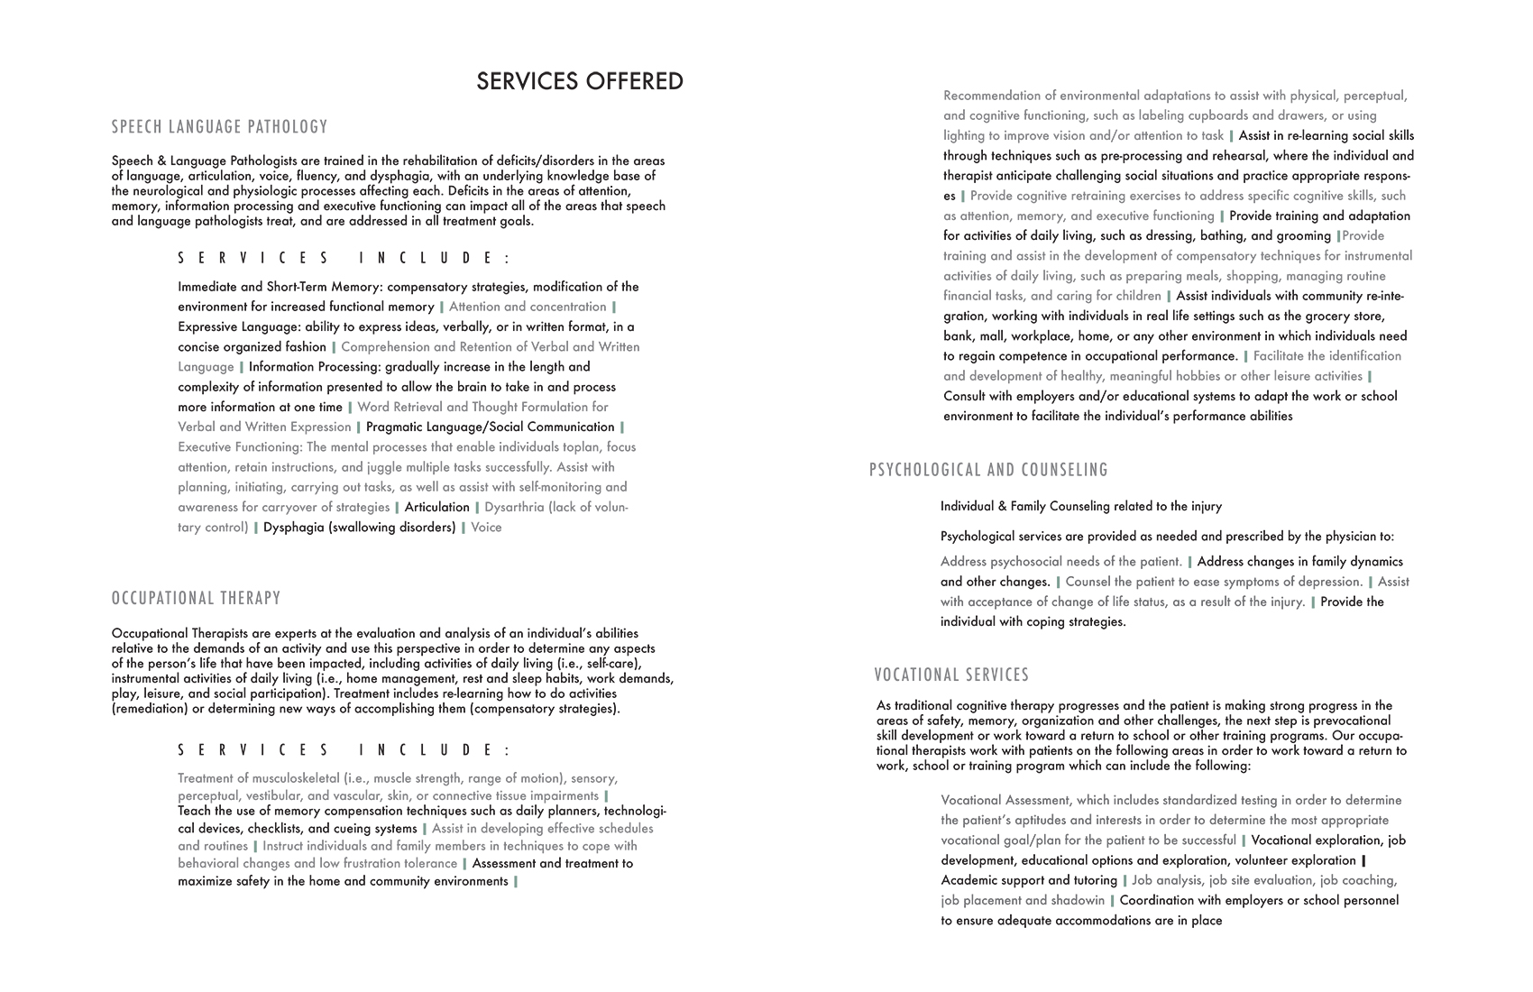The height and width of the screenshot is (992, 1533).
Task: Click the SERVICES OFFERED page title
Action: pos(580,81)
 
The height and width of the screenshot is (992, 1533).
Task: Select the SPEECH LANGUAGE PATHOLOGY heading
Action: pos(220,127)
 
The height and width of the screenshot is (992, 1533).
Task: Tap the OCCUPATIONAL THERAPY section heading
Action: pos(197,599)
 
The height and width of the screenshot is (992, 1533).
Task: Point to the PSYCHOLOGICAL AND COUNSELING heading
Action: pos(988,470)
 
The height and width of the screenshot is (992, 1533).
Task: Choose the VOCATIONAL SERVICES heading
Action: pos(951,675)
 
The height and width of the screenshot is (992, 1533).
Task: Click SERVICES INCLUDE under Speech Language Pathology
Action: pos(344,259)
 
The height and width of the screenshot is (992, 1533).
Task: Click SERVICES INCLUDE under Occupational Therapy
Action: pos(344,750)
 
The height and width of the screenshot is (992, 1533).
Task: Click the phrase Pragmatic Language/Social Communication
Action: pos(490,427)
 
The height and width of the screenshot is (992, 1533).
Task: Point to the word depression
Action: pos(1326,582)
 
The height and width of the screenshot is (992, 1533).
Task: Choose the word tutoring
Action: pos(1096,880)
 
